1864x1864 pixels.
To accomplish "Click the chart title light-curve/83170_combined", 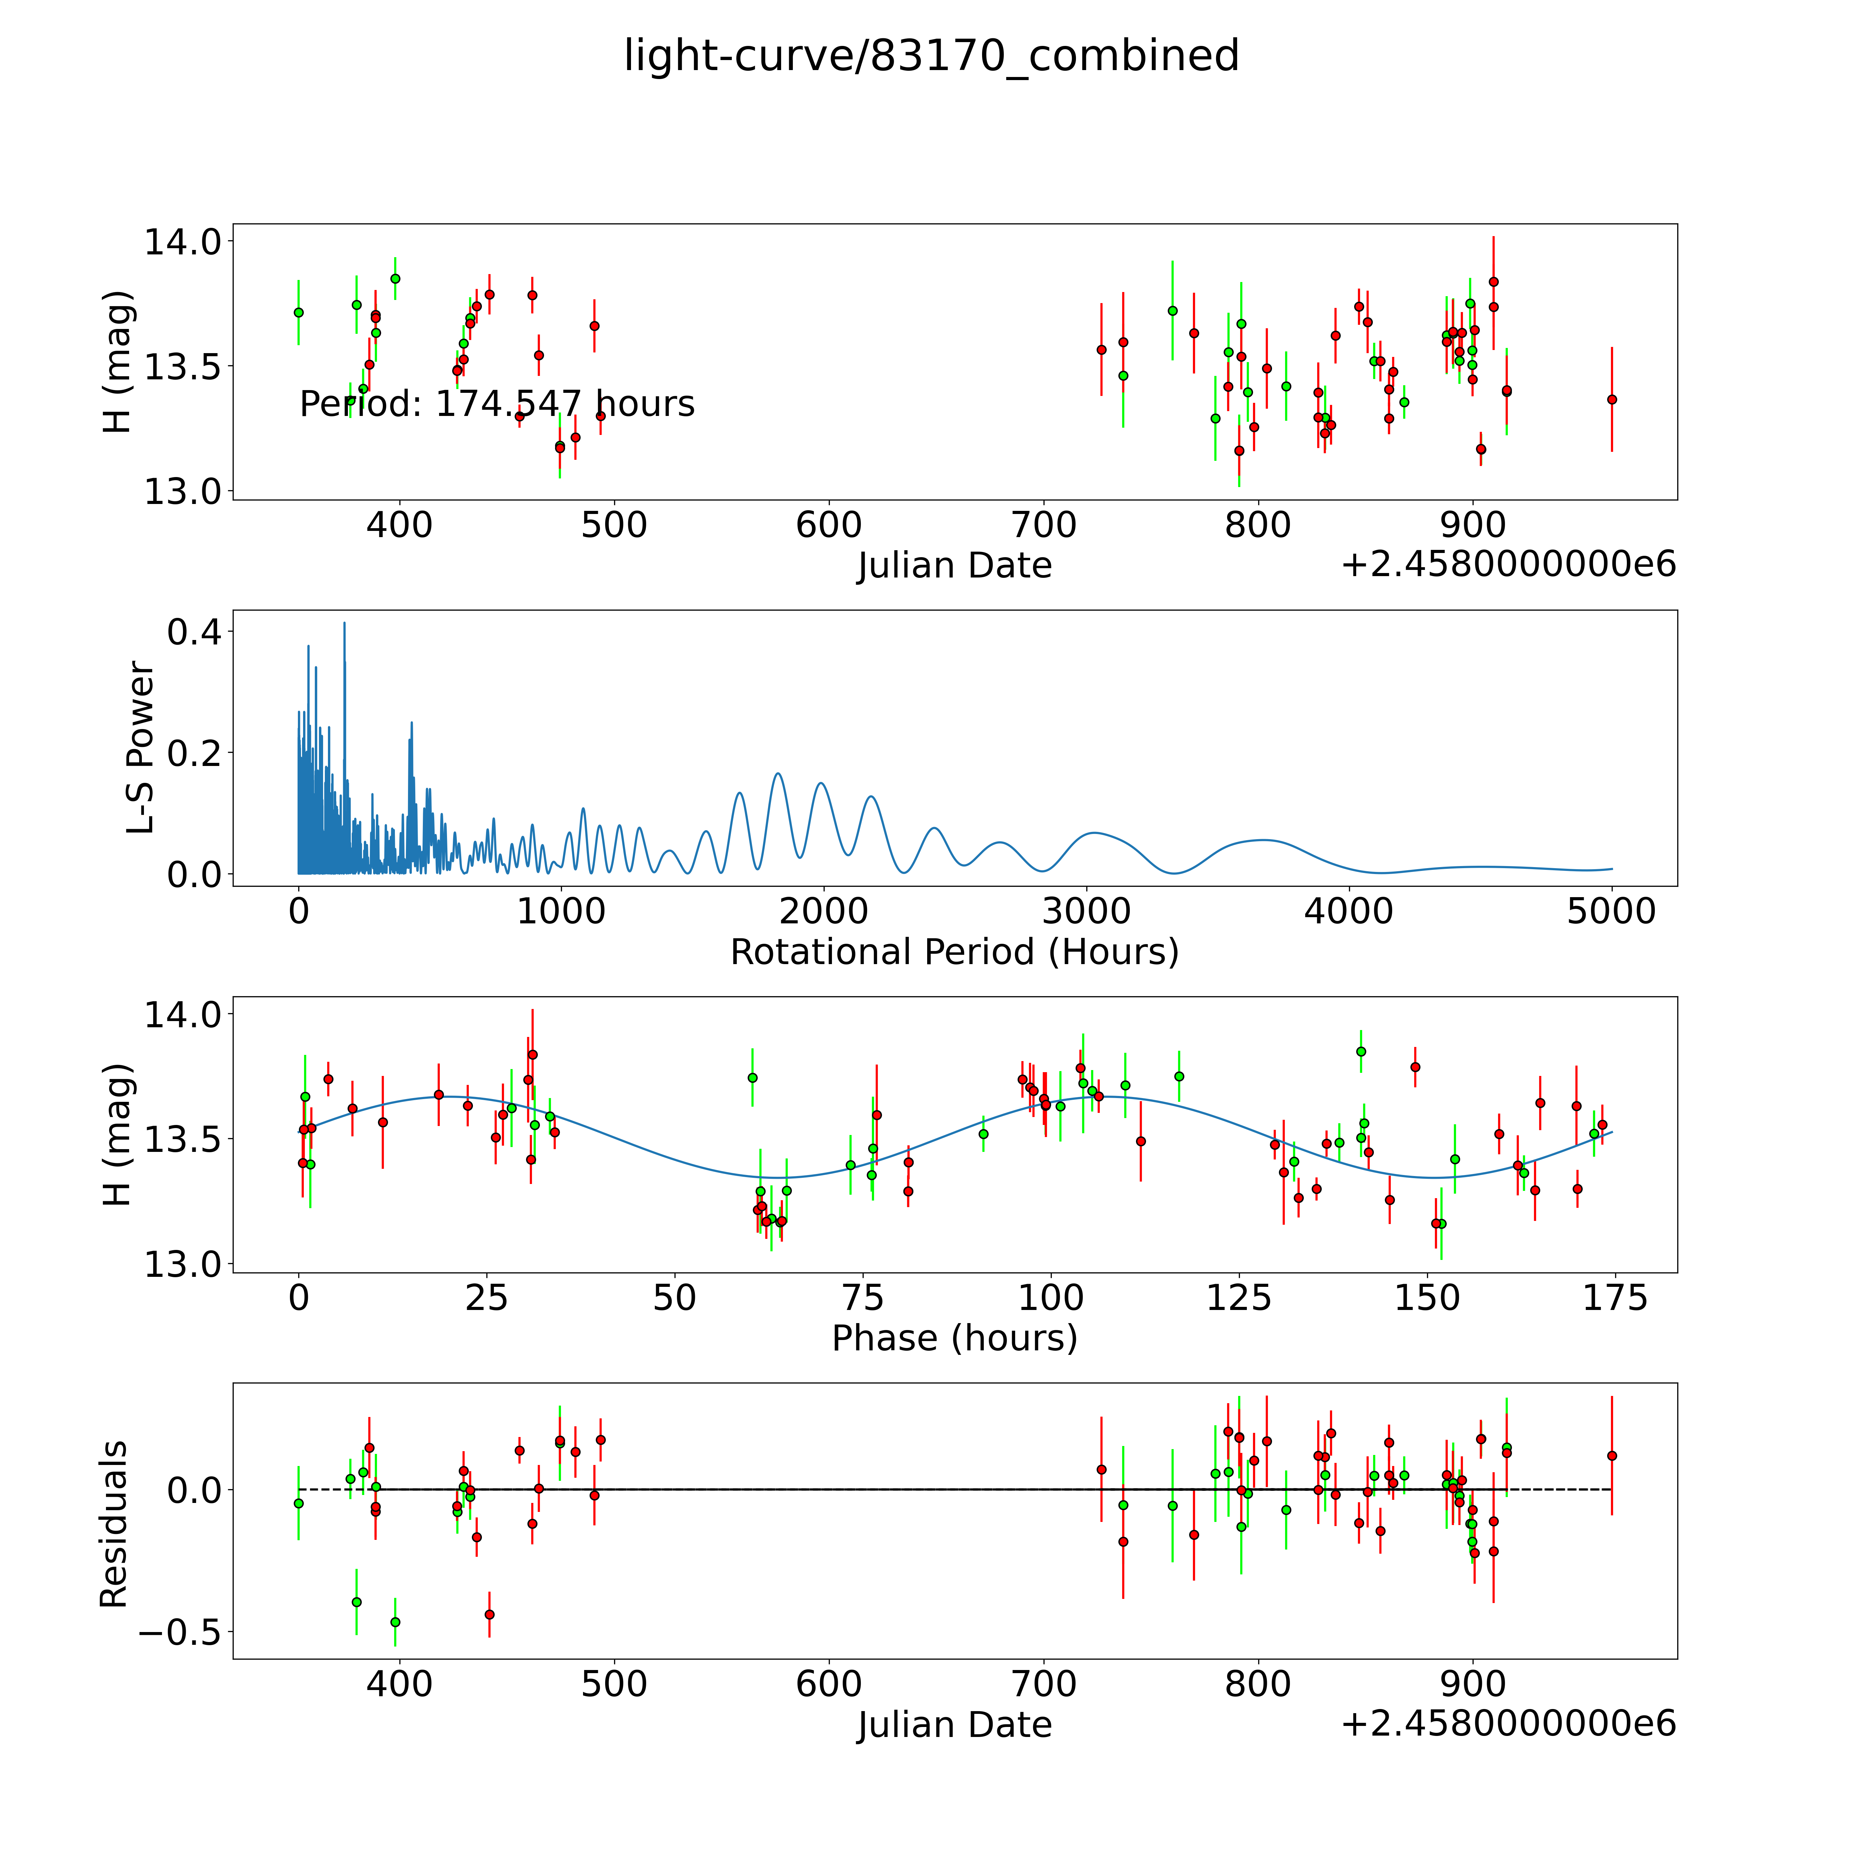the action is point(931,56).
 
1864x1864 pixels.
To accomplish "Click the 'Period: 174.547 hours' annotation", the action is point(497,403).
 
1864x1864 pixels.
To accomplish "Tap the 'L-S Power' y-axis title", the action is point(141,748).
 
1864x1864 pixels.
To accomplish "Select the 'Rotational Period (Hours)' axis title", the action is point(954,952).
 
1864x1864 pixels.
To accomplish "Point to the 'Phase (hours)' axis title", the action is point(954,1338).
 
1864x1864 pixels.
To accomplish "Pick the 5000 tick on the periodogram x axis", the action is point(1611,911).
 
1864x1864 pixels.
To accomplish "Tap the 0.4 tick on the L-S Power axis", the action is point(194,632).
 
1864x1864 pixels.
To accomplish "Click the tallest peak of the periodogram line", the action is point(344,623).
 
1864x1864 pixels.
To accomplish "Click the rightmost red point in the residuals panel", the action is point(1611,1456).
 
